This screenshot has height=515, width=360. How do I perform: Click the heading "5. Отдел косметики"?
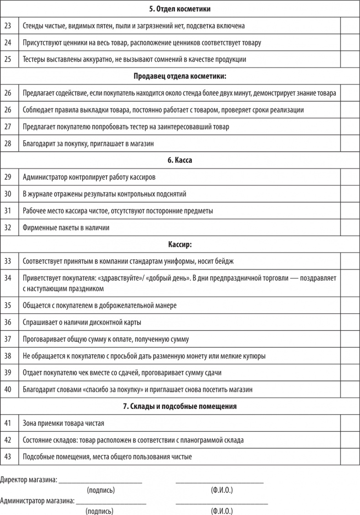click(x=180, y=9)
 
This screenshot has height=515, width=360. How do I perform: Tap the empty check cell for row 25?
click(x=350, y=59)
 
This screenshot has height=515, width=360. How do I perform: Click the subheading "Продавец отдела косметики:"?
click(x=180, y=76)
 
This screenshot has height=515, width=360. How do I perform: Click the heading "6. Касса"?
click(x=180, y=160)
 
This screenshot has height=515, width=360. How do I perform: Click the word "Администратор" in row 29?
click(x=45, y=177)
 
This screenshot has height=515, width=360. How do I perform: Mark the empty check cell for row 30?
click(x=350, y=194)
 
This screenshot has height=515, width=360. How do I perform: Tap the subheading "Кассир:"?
click(x=180, y=244)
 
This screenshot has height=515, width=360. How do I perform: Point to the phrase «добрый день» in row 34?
click(x=163, y=278)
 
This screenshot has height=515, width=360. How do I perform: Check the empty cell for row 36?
click(x=350, y=322)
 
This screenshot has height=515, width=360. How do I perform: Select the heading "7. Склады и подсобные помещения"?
click(x=180, y=406)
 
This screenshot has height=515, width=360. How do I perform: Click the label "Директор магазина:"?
click(x=29, y=479)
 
